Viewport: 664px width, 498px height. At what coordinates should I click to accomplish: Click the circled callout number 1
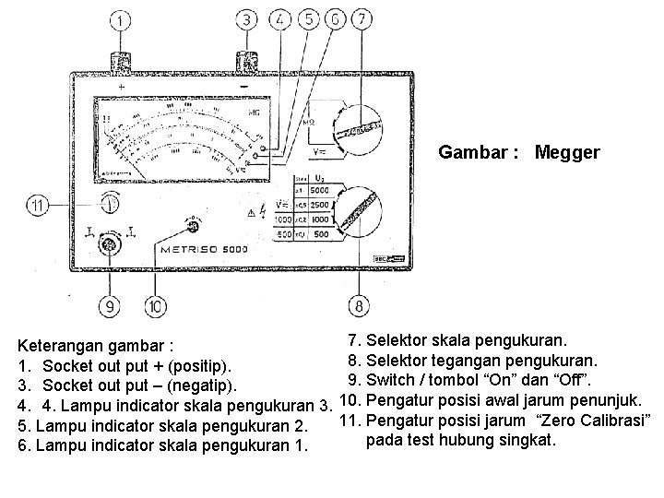point(124,20)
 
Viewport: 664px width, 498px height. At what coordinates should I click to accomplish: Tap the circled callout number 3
point(247,20)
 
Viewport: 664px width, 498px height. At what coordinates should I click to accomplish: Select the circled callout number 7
point(364,20)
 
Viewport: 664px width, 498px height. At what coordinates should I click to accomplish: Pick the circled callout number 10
point(154,306)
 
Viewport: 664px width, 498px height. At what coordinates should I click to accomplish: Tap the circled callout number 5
point(308,20)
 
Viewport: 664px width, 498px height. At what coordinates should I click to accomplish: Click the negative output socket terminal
point(246,62)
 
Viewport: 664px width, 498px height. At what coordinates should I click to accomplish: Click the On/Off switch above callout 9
point(110,243)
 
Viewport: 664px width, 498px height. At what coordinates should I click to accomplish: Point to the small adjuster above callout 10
point(194,226)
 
